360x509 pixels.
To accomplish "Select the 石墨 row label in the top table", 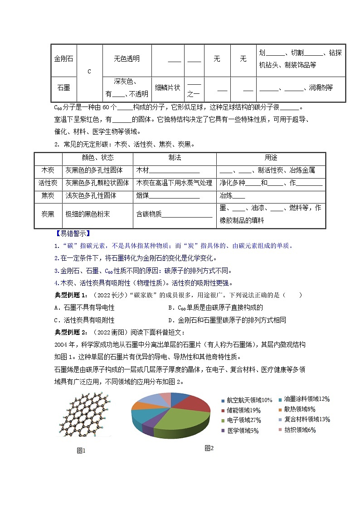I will (x=63, y=87).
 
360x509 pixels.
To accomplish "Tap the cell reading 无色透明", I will (x=127, y=59).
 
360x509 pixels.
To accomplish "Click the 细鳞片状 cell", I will (x=168, y=87).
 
